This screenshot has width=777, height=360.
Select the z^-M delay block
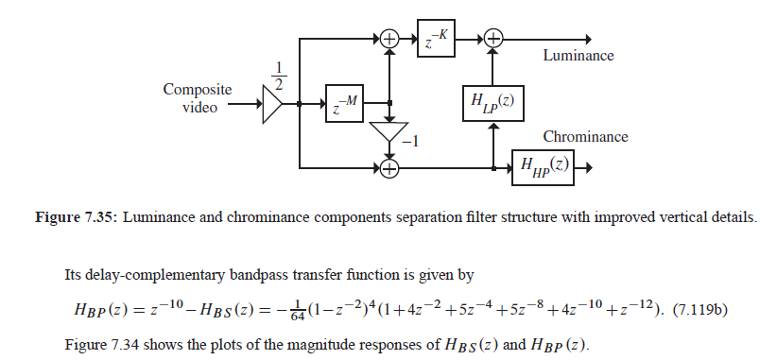click(x=344, y=103)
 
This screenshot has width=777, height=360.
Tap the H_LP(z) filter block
click(x=492, y=102)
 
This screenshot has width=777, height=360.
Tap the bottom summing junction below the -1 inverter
click(x=388, y=169)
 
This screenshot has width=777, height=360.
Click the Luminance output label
click(x=578, y=56)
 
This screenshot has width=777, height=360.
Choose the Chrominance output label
click(x=585, y=137)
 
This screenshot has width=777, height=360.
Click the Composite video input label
click(x=198, y=98)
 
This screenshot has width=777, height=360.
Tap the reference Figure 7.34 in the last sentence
click(x=101, y=343)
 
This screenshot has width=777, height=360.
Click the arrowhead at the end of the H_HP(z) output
click(x=588, y=169)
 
